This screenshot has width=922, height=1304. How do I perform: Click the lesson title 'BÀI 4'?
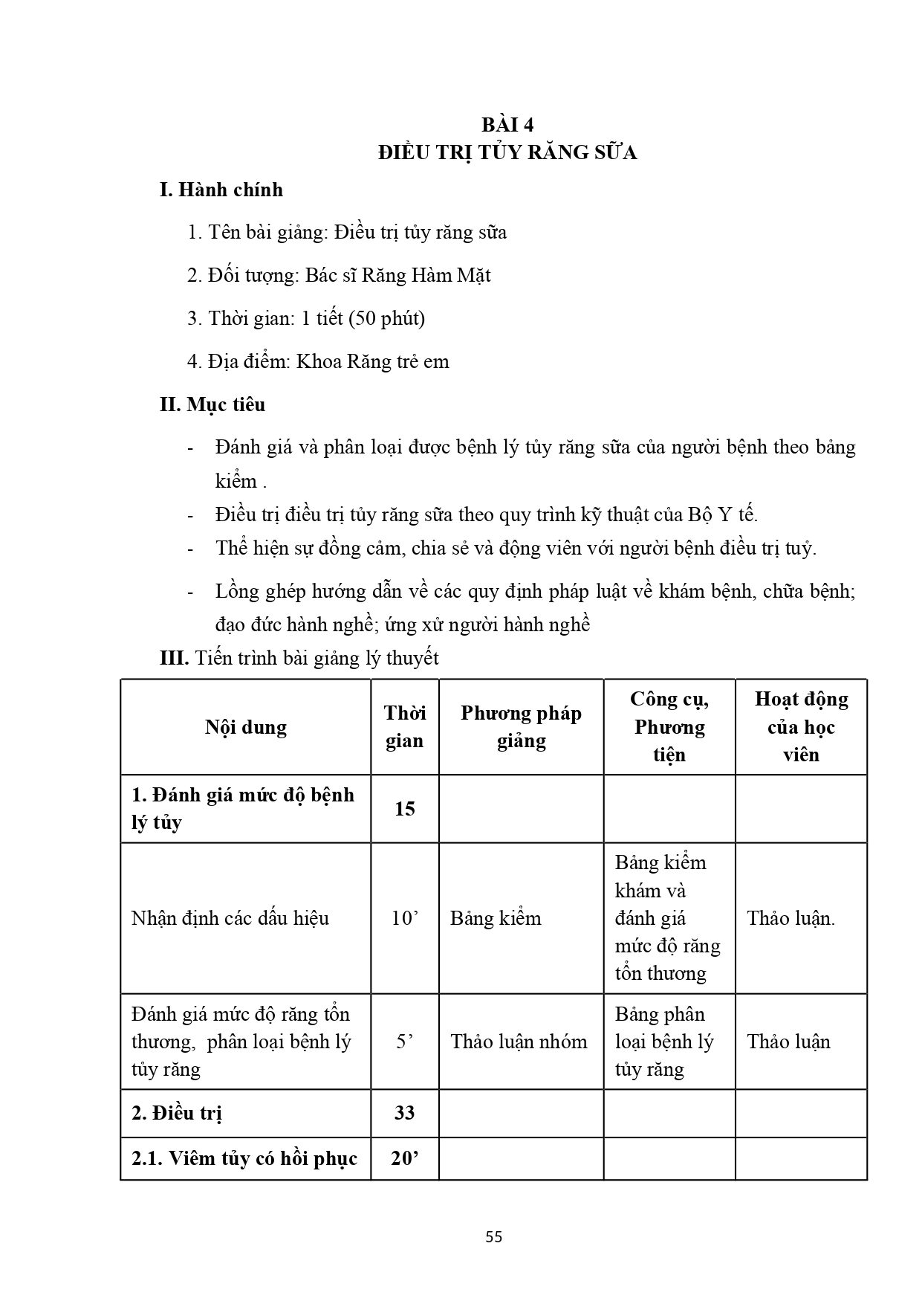pyautogui.click(x=507, y=124)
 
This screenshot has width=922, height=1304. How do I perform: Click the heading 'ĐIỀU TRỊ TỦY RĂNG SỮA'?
pyautogui.click(x=507, y=153)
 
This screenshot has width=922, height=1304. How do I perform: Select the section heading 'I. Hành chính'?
pyautogui.click(x=221, y=190)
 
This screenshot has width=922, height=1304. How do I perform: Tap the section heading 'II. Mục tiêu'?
pyautogui.click(x=212, y=405)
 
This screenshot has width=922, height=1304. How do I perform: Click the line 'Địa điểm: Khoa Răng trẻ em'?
pyautogui.click(x=318, y=362)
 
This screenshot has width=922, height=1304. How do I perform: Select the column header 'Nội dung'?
pyautogui.click(x=246, y=727)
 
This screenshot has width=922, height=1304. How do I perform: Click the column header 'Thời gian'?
pyautogui.click(x=405, y=727)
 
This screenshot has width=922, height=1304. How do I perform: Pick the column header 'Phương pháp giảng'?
pyautogui.click(x=521, y=727)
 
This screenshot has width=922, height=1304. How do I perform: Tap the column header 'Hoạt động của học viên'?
pyautogui.click(x=801, y=727)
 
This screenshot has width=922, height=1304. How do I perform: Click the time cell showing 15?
pyautogui.click(x=405, y=809)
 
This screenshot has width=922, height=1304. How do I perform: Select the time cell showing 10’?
pyautogui.click(x=405, y=918)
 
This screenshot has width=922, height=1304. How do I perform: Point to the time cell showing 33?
pyautogui.click(x=405, y=1113)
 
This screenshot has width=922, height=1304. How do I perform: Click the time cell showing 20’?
pyautogui.click(x=405, y=1158)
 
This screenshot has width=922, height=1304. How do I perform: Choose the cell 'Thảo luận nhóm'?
pyautogui.click(x=519, y=1042)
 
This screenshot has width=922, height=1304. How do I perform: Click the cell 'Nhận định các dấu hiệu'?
pyautogui.click(x=230, y=918)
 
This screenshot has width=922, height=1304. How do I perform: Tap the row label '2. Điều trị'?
pyautogui.click(x=177, y=1113)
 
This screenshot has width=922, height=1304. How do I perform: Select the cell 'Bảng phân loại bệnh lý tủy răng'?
pyautogui.click(x=664, y=1042)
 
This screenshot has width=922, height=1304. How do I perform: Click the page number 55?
pyautogui.click(x=494, y=1237)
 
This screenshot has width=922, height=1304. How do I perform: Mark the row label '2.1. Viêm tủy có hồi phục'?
pyautogui.click(x=244, y=1158)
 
